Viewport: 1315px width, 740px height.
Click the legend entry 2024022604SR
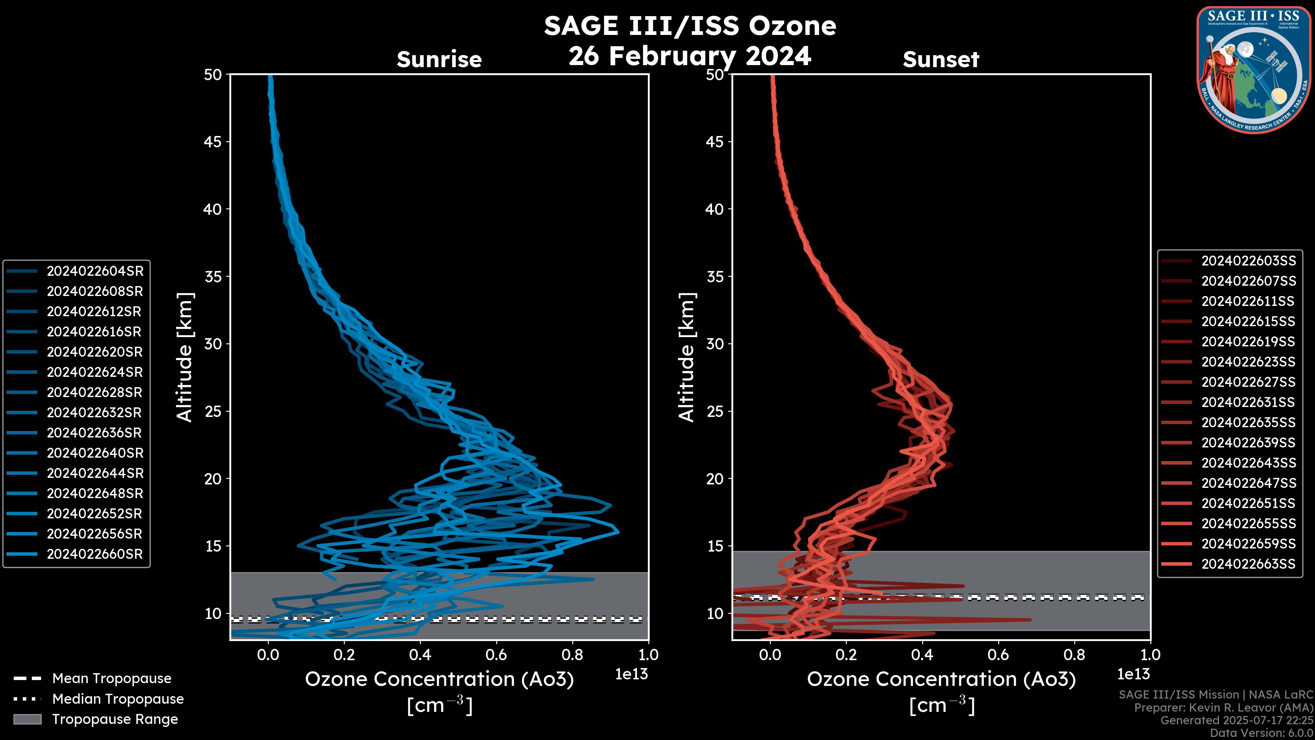coord(95,271)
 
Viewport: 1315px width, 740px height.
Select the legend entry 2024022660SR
coord(95,554)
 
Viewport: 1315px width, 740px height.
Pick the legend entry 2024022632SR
coord(95,412)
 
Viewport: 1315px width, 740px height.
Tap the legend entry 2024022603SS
coord(1248,261)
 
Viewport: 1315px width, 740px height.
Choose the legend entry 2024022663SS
coord(1248,564)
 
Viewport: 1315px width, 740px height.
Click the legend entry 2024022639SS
coord(1248,443)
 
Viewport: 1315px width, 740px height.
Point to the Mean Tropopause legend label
coord(111,679)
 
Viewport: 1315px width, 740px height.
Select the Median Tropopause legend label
coord(117,699)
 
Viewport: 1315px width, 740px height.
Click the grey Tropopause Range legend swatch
coord(27,719)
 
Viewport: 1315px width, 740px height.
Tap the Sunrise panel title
coord(439,60)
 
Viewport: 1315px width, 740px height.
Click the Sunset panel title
coord(941,60)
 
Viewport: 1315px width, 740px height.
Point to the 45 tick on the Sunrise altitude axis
coord(213,142)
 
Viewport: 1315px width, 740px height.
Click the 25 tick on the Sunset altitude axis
coord(715,411)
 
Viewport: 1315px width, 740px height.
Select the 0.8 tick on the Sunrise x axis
coord(572,655)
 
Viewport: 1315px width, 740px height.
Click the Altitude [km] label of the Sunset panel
coord(687,357)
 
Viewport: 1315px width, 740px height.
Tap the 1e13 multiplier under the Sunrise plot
coord(631,675)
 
